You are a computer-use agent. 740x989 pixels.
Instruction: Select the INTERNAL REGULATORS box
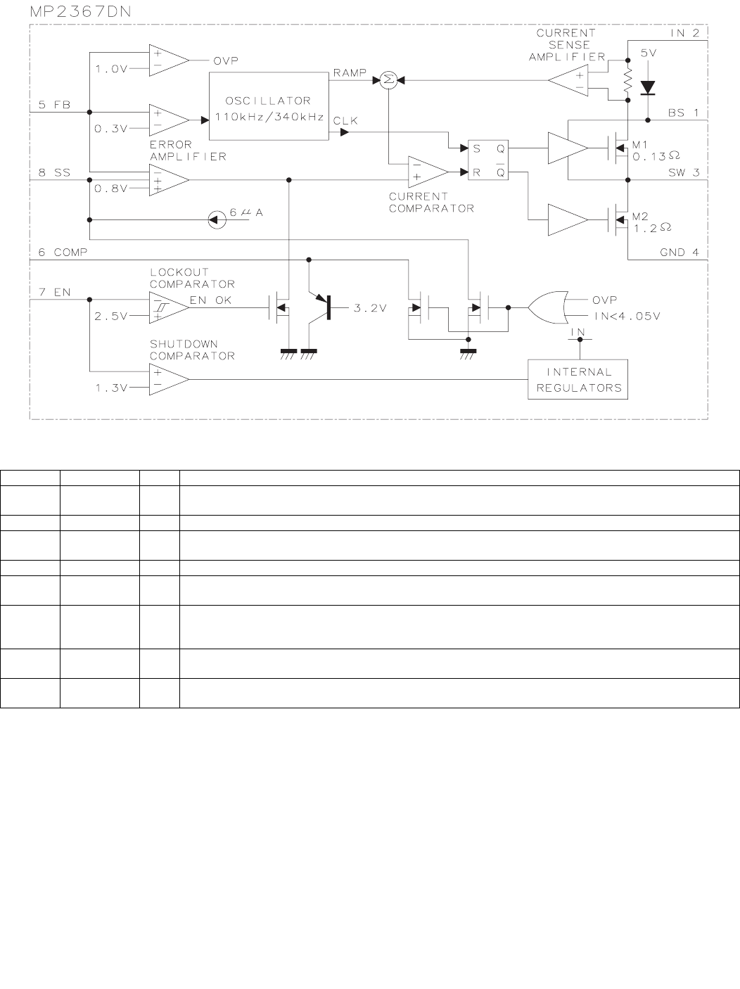tap(578, 380)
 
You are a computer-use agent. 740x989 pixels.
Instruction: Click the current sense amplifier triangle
tap(568, 82)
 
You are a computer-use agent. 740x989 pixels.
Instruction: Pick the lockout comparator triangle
tap(168, 307)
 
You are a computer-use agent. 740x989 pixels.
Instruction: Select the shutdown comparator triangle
tap(168, 380)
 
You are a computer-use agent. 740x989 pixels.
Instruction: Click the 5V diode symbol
tap(647, 87)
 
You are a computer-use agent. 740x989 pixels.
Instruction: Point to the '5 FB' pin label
tap(54, 105)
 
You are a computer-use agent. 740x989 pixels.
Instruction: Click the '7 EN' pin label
tap(54, 292)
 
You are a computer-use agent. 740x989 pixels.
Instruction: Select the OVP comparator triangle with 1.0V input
tap(168, 60)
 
